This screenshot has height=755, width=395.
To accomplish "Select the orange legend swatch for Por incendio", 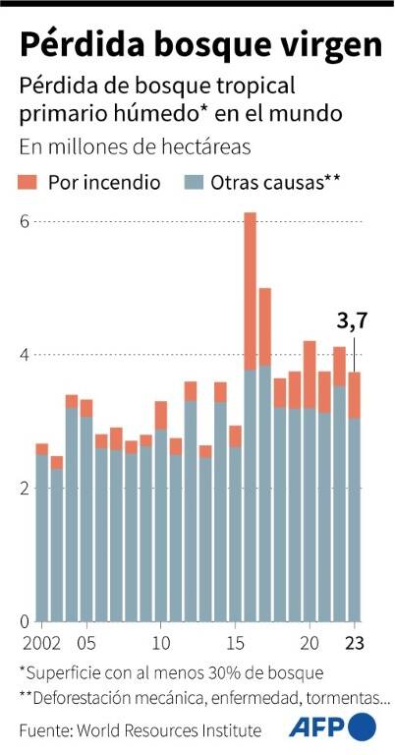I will tap(28, 182).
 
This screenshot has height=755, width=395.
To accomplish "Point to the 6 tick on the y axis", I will tap(26, 221).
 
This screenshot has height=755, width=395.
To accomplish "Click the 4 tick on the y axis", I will tap(26, 355).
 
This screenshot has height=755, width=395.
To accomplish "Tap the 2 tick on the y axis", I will tap(26, 489).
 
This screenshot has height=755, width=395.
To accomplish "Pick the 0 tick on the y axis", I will tap(26, 621).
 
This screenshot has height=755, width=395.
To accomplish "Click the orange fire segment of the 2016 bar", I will tap(250, 290).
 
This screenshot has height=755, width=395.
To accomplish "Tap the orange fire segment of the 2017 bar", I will tap(264, 326).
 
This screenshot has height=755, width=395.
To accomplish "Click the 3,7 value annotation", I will tap(352, 320).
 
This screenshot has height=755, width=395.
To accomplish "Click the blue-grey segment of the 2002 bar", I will tap(42, 537).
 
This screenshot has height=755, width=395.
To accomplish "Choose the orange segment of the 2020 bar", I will tap(310, 375).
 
